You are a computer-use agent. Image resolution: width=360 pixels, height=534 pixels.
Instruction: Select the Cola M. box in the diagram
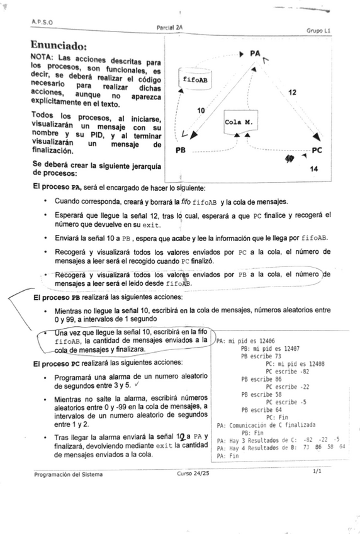pos(239,123)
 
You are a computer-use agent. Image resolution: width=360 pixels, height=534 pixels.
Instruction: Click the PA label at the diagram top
pos(254,55)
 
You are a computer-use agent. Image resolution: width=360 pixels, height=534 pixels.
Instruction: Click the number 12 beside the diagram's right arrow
pos(292,93)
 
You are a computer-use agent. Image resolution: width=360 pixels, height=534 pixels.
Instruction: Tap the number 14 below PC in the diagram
pos(314,169)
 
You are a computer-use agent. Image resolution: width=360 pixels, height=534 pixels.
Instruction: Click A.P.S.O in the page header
pos(41,21)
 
